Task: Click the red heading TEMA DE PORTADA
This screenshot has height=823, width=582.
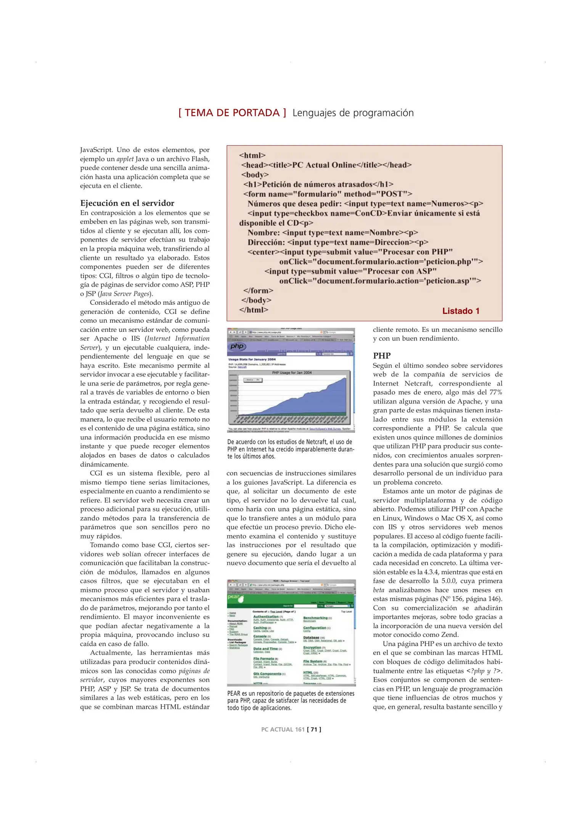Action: coord(232,113)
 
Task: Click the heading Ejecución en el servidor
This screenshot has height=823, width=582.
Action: coord(127,203)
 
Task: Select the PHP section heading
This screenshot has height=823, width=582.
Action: coord(381,355)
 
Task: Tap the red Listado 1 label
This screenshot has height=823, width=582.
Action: coord(460,311)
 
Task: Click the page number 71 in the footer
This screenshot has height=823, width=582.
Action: coord(314,729)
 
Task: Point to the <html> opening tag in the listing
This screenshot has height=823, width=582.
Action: coord(252,155)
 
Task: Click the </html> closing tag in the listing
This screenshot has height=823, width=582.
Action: coord(254,310)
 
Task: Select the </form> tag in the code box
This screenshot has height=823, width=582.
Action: coord(259,291)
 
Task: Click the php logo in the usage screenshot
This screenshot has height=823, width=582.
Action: coord(237,346)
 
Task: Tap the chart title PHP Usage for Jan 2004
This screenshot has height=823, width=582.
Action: coord(291,373)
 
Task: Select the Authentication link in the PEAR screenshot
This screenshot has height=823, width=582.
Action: coord(266,616)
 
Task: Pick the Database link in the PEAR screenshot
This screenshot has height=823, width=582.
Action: coord(311,637)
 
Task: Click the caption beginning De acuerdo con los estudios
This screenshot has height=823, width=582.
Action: coord(290,449)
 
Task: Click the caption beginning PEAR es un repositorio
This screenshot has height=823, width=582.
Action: coord(290,700)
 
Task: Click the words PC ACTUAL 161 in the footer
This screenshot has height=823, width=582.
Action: coord(283,729)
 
